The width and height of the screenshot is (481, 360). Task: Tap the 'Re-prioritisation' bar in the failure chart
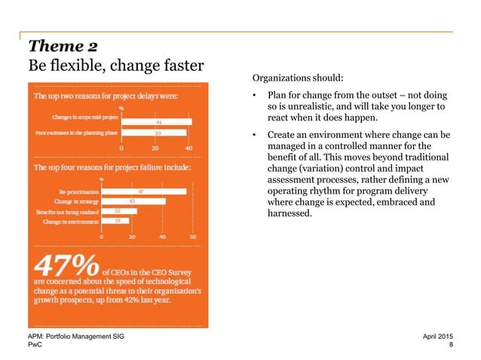[x=143, y=191]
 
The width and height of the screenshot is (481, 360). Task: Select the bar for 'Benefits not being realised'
[x=119, y=212]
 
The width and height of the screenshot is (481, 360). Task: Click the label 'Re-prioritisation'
[x=78, y=191]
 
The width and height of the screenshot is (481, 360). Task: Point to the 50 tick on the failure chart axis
[x=192, y=236]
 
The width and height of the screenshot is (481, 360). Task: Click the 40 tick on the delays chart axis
[x=187, y=148]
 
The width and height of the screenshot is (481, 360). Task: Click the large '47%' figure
[x=66, y=268]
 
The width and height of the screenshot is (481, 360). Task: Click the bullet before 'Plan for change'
[x=256, y=95]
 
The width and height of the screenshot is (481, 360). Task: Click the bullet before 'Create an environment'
[x=256, y=136]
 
